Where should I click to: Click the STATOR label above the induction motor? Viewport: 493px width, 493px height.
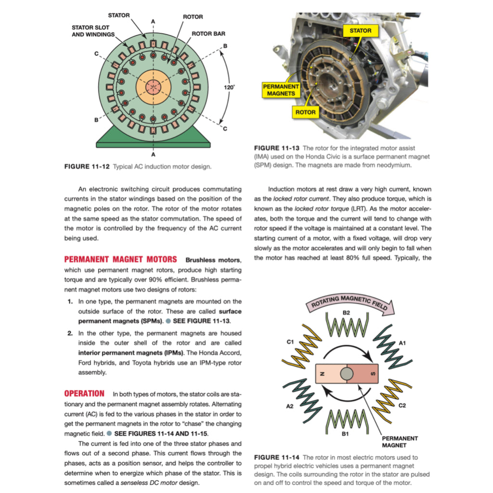click(118, 15)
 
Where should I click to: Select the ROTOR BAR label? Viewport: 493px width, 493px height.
click(208, 34)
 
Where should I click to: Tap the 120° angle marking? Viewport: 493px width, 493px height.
click(230, 87)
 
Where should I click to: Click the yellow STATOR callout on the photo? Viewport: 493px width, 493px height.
click(360, 30)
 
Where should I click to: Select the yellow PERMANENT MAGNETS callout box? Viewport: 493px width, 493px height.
click(281, 90)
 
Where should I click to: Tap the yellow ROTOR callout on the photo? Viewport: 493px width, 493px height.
click(306, 112)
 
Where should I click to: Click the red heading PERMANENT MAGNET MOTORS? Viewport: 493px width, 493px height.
click(120, 259)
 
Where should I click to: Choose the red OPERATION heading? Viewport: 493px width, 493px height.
click(84, 393)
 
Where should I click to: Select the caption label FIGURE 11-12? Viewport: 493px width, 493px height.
click(87, 167)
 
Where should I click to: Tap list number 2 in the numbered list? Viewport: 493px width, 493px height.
click(70, 333)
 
